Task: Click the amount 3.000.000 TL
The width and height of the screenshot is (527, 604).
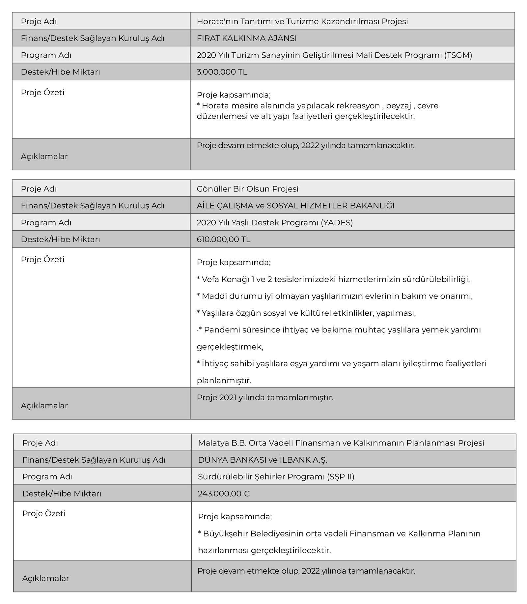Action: click(222, 72)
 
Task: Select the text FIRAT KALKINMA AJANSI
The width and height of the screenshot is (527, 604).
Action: click(246, 38)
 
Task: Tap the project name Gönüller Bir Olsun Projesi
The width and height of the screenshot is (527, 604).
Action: click(247, 189)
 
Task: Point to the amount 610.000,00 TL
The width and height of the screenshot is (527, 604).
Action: click(223, 239)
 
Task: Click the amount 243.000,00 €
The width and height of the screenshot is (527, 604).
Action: click(224, 494)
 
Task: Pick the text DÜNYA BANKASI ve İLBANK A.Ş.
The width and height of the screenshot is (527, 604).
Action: click(263, 460)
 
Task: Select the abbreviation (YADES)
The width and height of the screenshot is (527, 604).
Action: click(336, 222)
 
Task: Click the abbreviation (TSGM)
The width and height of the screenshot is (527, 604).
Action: click(458, 55)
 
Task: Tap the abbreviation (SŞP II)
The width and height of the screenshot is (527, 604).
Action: click(341, 476)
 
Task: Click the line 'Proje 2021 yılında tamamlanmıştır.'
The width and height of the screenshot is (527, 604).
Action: click(265, 397)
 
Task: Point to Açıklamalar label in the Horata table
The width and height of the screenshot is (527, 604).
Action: click(44, 156)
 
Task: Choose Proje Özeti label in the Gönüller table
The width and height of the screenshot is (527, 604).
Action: click(42, 259)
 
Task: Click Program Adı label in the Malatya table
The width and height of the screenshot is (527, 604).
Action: click(47, 476)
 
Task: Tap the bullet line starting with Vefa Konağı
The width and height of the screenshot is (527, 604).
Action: click(333, 279)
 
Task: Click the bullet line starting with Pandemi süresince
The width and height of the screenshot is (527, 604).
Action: click(339, 330)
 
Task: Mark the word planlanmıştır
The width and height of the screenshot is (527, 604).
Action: click(224, 381)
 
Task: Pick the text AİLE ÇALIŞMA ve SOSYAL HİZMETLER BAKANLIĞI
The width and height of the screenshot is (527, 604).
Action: click(295, 206)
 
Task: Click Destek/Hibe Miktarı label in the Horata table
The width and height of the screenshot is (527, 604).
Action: click(60, 72)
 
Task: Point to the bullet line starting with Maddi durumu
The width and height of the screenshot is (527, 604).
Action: click(335, 296)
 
